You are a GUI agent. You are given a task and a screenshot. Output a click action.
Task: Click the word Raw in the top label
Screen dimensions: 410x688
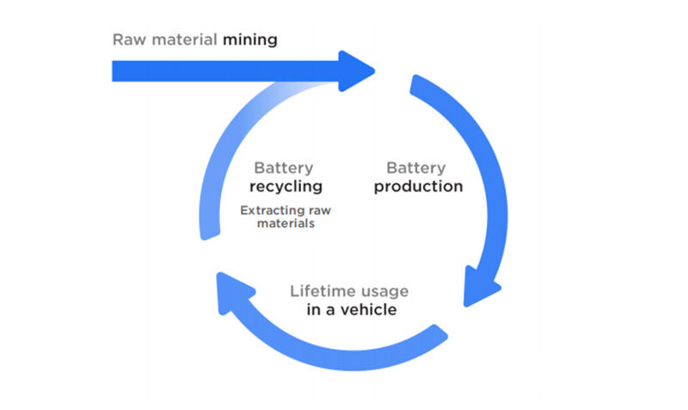[127, 40]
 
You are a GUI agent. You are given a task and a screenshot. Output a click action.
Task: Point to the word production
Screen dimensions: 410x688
[418, 186]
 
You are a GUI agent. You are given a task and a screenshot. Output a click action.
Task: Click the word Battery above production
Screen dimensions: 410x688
[416, 167]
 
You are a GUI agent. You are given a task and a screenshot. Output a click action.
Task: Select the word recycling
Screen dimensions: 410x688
[286, 186]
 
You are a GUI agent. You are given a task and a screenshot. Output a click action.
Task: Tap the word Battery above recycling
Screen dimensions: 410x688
[284, 167]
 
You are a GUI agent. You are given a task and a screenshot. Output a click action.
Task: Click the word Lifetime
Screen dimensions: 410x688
[323, 290]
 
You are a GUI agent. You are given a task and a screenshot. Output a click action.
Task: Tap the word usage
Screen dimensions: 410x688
[384, 291]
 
